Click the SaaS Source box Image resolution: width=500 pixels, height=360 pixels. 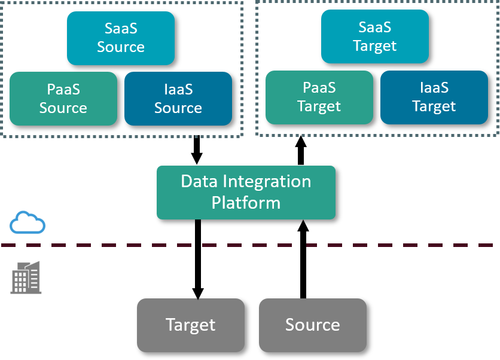click(121, 38)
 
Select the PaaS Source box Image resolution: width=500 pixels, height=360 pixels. click(63, 99)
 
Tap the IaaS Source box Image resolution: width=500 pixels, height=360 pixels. click(178, 99)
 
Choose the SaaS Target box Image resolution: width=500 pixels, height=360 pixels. click(375, 36)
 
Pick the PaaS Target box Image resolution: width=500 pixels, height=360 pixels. click(319, 97)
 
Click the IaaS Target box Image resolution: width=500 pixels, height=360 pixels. click(434, 97)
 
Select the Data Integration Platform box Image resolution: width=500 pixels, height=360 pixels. click(246, 192)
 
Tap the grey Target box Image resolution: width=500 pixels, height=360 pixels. click(191, 325)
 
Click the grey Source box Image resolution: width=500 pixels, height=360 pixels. click(313, 325)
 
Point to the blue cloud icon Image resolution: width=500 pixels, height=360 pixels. click(28, 222)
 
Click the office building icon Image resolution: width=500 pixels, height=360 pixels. click(26, 278)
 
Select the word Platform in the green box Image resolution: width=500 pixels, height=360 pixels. click(246, 203)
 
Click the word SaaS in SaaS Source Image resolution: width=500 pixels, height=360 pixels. click(121, 28)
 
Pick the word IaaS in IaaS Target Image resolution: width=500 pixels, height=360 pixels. click(434, 88)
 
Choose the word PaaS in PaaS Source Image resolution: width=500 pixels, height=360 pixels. click(63, 90)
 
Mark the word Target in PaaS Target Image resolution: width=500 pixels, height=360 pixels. click(319, 106)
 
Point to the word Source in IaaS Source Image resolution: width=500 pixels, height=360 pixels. click(178, 108)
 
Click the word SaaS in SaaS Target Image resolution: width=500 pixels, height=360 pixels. click(375, 27)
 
